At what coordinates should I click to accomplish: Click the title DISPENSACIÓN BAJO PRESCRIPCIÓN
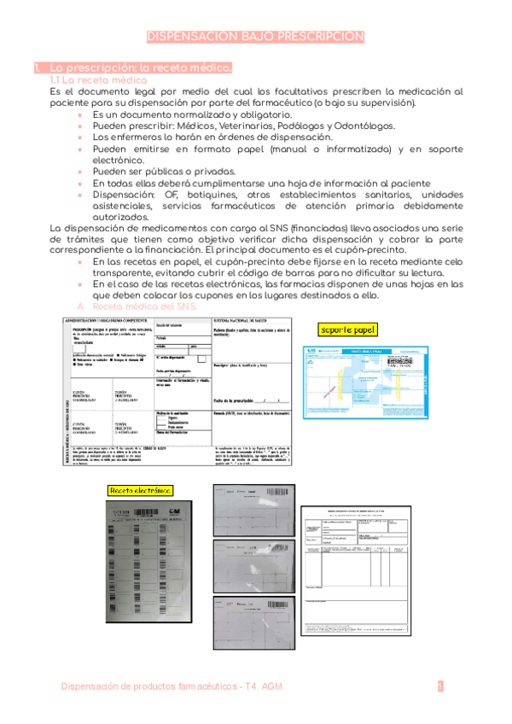[256, 37]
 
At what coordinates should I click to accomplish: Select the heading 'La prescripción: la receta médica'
[141, 67]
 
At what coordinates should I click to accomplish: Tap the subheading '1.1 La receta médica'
[99, 79]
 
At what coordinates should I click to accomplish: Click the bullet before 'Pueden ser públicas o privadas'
[81, 171]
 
